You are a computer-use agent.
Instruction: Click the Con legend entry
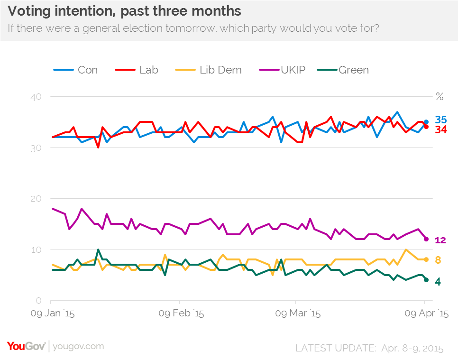(x=75, y=70)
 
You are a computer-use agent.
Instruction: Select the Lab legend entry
(x=137, y=70)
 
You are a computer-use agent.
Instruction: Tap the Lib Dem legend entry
(x=208, y=70)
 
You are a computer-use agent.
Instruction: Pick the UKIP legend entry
(x=282, y=70)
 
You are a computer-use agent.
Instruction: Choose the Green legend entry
(x=343, y=70)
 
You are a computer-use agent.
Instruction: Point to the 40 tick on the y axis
(x=36, y=97)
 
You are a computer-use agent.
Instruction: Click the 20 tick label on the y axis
(x=36, y=199)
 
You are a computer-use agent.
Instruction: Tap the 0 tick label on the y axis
(x=38, y=300)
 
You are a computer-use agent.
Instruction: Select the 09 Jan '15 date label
(x=53, y=314)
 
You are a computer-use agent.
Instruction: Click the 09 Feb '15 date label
(x=181, y=314)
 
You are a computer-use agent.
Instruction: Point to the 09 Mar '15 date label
(x=298, y=314)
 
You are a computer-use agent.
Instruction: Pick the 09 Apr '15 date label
(x=426, y=314)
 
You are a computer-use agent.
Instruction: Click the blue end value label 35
(x=441, y=120)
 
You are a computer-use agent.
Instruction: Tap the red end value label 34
(x=441, y=129)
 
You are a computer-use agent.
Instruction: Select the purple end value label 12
(x=440, y=240)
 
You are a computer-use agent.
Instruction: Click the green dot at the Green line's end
(x=426, y=280)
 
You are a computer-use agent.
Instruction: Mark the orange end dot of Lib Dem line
(x=426, y=259)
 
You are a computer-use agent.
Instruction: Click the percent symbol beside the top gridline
(x=440, y=96)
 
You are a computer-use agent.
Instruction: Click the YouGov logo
(x=26, y=346)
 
